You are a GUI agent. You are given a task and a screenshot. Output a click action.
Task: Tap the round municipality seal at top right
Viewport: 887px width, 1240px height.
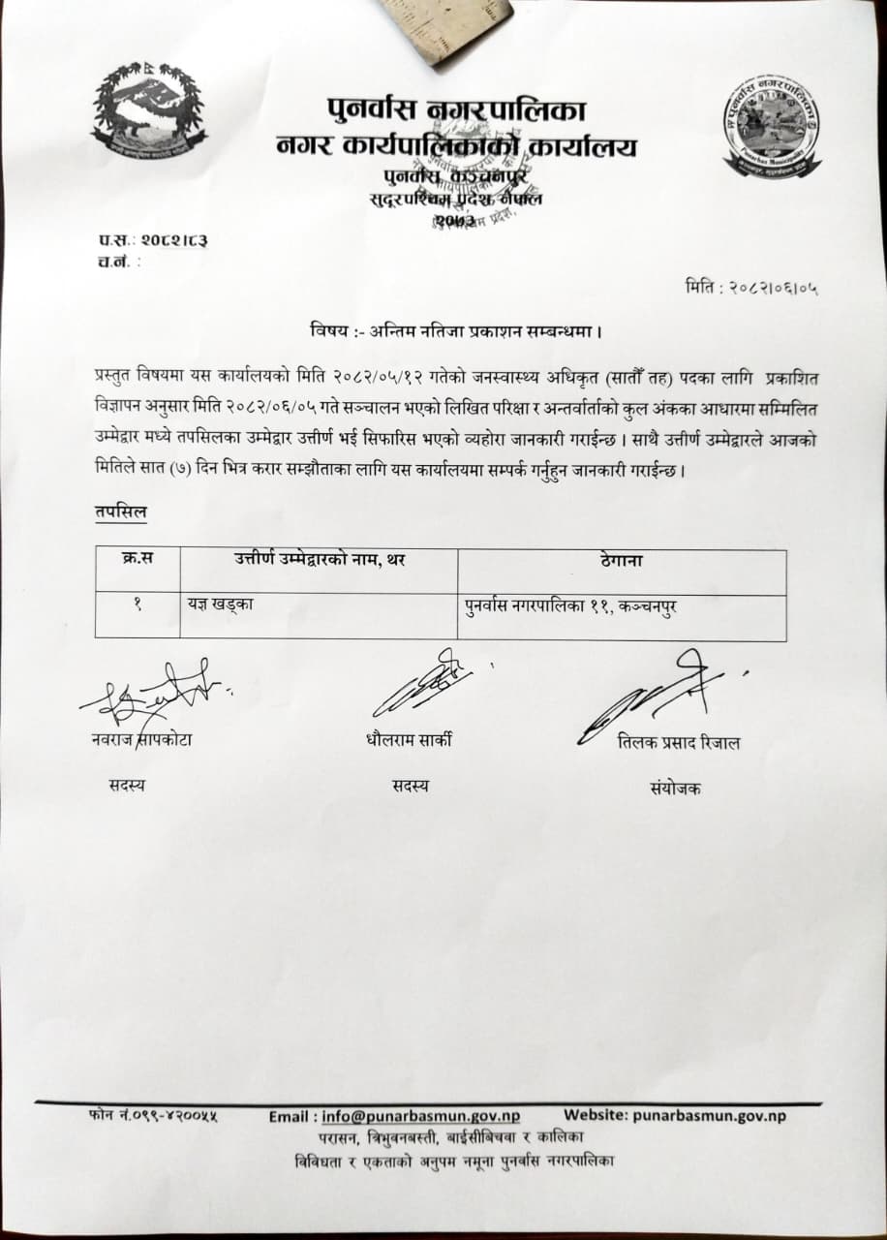pos(773,127)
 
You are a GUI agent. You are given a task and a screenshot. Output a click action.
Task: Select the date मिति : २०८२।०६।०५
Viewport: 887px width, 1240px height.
pos(750,288)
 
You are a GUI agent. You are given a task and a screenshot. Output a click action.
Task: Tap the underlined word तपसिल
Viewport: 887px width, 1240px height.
pos(121,512)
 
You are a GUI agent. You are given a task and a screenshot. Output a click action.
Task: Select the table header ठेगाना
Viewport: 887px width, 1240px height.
pos(621,560)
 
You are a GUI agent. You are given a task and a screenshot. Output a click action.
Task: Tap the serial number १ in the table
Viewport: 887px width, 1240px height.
pos(138,603)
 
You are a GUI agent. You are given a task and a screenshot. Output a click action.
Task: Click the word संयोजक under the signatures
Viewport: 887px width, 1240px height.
pos(676,789)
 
